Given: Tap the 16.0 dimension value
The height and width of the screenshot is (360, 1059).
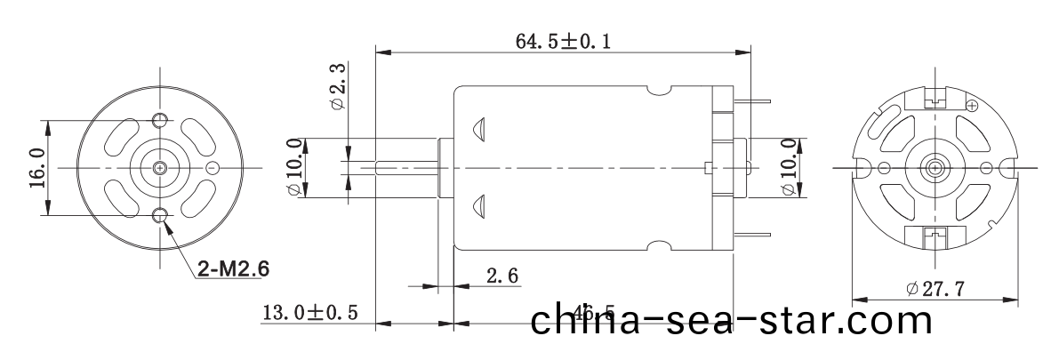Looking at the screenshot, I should (x=36, y=167).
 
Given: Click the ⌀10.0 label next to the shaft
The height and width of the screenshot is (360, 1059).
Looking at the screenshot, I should (x=294, y=167).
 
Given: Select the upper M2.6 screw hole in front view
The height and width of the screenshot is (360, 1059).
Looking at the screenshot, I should (x=160, y=120).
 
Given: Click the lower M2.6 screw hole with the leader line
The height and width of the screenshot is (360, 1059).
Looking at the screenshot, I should (x=160, y=214).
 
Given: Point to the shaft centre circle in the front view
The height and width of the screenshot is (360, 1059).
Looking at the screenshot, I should (x=160, y=167).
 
